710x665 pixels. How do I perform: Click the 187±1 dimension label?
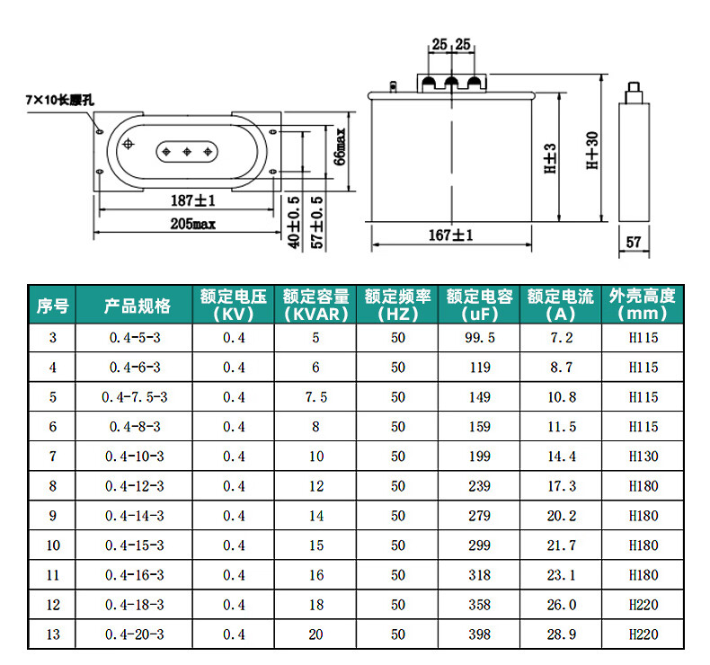point(193,200)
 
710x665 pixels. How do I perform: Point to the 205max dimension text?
point(193,224)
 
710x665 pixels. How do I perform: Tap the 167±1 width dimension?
point(450,235)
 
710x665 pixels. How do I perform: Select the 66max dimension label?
point(340,146)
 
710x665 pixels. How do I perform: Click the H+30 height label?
point(592,150)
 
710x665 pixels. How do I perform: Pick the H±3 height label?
point(550,158)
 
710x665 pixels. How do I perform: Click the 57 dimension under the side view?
point(634,243)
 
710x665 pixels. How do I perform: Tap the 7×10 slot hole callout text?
point(60,100)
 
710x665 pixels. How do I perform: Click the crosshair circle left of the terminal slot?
point(129,144)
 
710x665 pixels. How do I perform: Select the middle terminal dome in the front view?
point(451,83)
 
